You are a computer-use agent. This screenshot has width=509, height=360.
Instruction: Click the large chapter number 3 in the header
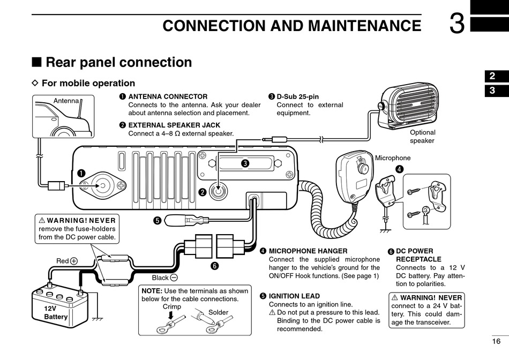point(456,25)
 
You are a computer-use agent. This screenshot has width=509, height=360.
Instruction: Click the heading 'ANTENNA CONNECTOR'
point(168,96)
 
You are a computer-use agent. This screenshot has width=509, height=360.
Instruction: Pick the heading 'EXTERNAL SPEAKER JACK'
point(174,125)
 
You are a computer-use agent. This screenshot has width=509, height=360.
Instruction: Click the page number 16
point(496,341)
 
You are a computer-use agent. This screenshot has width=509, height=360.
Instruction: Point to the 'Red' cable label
point(62,261)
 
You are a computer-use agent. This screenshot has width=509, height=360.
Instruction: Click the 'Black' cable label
point(160,277)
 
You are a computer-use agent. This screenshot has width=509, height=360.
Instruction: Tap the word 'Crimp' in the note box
point(171,307)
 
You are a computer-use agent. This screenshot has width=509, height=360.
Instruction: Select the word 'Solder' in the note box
point(218,312)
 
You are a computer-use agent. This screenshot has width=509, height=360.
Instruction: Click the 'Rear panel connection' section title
point(118,62)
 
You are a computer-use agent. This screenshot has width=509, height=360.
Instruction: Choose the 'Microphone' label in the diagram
point(392,158)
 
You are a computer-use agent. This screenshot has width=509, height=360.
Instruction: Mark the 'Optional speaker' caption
point(422,137)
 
